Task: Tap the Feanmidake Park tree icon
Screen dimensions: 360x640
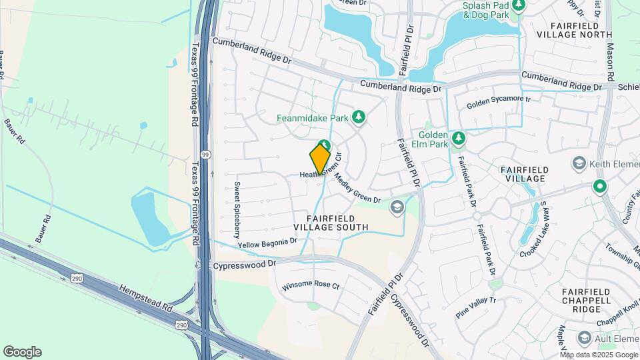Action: (x=359, y=118)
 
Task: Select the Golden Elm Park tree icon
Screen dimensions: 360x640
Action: (x=458, y=139)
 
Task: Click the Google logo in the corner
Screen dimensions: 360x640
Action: (x=22, y=351)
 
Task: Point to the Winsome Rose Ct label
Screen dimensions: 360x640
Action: (x=311, y=285)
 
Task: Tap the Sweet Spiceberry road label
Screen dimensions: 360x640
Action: (x=236, y=210)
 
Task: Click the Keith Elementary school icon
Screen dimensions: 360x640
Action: (x=578, y=163)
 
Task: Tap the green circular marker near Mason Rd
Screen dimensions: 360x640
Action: (x=600, y=187)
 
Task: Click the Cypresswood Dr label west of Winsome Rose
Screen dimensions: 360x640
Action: (x=245, y=265)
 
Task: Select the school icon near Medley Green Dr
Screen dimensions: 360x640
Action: (x=397, y=207)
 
